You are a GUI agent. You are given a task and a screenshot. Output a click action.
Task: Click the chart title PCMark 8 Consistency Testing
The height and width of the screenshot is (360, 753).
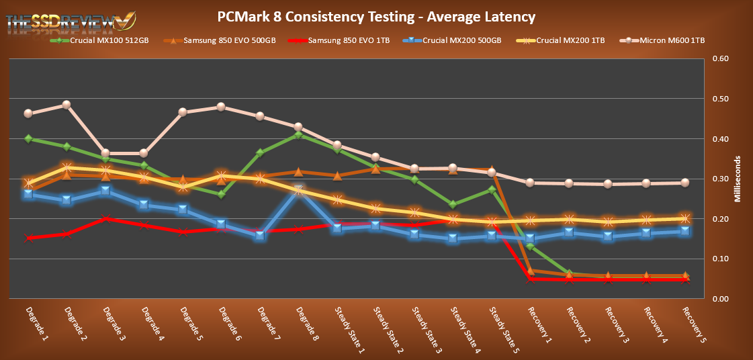click(x=376, y=16)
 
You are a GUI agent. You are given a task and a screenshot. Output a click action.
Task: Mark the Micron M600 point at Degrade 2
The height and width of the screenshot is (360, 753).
click(x=67, y=105)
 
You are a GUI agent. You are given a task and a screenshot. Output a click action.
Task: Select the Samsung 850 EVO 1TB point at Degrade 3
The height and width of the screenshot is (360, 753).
click(x=105, y=219)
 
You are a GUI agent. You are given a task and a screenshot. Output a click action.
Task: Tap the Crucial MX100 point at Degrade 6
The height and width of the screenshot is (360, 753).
click(x=221, y=194)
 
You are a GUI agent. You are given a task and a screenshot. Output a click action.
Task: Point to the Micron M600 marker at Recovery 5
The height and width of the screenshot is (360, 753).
click(x=685, y=183)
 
